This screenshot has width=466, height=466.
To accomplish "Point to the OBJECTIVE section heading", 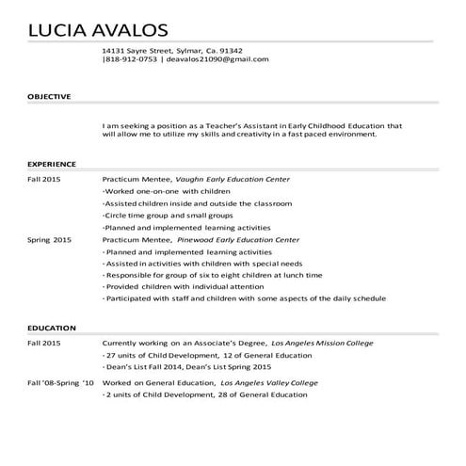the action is point(48,97).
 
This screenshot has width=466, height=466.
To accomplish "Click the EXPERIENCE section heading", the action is point(51,163).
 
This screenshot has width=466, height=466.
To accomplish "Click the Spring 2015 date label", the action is point(49,240).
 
